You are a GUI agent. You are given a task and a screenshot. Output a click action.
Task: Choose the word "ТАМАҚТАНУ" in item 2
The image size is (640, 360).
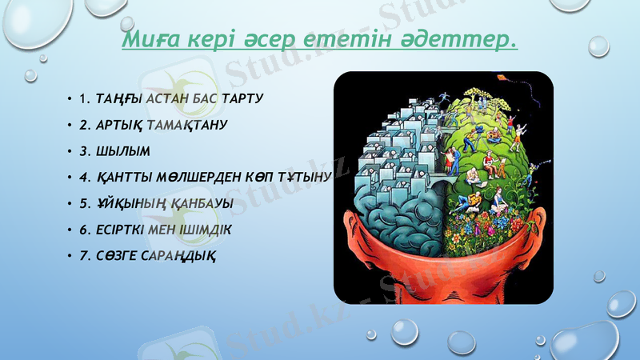tap(187, 126)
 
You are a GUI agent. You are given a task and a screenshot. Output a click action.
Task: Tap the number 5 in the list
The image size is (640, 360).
tap(83, 203)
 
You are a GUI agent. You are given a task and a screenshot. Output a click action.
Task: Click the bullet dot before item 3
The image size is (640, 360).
tap(70, 152)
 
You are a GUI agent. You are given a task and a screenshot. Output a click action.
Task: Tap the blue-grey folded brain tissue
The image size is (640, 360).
tap(400, 208)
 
